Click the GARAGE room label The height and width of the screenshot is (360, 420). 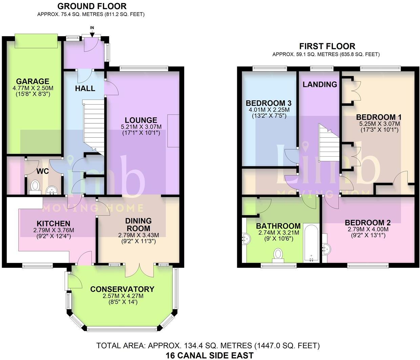pos(33,81)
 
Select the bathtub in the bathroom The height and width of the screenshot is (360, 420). pos(311,243)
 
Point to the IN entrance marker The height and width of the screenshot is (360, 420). pos(92,28)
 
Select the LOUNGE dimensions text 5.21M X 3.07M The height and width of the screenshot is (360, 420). pos(141,127)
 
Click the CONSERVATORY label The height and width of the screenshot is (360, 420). pos(122,289)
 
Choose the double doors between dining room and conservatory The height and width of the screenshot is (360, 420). pos(140,270)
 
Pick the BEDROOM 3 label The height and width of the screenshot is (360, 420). pos(269,103)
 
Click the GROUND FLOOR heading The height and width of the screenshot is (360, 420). pos(92,6)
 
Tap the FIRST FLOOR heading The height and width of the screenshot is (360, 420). pos(327,46)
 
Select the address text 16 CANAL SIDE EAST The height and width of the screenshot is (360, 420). pos(209,355)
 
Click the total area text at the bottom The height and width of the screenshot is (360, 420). pos(208,345)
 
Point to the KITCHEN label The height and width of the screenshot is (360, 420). pos(54,224)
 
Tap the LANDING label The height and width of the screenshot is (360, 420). pos(320,84)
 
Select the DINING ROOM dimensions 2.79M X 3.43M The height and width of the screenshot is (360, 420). pos(138,235)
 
